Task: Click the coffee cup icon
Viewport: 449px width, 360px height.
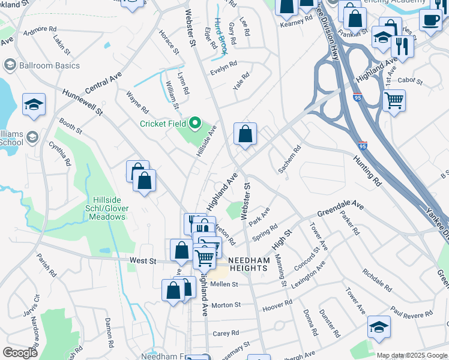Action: pyautogui.click(x=430, y=20)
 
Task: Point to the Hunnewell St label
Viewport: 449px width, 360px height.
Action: pyautogui.click(x=82, y=103)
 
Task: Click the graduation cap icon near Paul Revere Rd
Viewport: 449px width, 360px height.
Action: pyautogui.click(x=379, y=327)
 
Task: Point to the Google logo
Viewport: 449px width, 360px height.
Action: pyautogui.click(x=20, y=353)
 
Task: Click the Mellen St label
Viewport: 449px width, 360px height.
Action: pyautogui.click(x=224, y=284)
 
